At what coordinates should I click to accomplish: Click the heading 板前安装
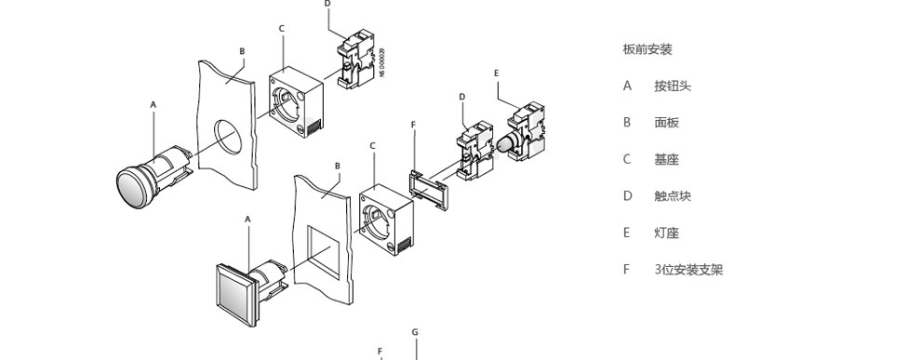click(x=647, y=49)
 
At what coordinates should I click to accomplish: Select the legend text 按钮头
click(x=673, y=87)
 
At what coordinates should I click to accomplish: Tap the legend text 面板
click(x=666, y=123)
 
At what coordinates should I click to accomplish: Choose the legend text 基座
click(x=666, y=160)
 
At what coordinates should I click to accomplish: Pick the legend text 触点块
click(x=673, y=196)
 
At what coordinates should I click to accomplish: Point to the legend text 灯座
click(x=666, y=233)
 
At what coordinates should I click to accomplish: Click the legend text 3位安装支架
click(x=689, y=270)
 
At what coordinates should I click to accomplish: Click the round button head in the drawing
click(x=137, y=187)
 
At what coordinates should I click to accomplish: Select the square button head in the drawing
click(x=236, y=295)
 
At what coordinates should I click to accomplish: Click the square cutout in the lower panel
click(x=319, y=253)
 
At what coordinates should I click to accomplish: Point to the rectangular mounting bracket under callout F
click(x=429, y=191)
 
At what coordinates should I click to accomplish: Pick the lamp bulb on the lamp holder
click(x=505, y=143)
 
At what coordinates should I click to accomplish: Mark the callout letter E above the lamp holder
click(x=497, y=73)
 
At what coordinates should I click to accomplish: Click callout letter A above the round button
click(x=153, y=105)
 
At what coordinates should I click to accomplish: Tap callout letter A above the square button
click(x=248, y=220)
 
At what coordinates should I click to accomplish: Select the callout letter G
click(x=415, y=332)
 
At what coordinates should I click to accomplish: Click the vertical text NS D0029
click(x=382, y=62)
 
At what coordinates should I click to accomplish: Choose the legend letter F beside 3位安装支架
click(x=626, y=270)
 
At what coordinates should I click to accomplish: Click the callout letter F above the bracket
click(x=413, y=125)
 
